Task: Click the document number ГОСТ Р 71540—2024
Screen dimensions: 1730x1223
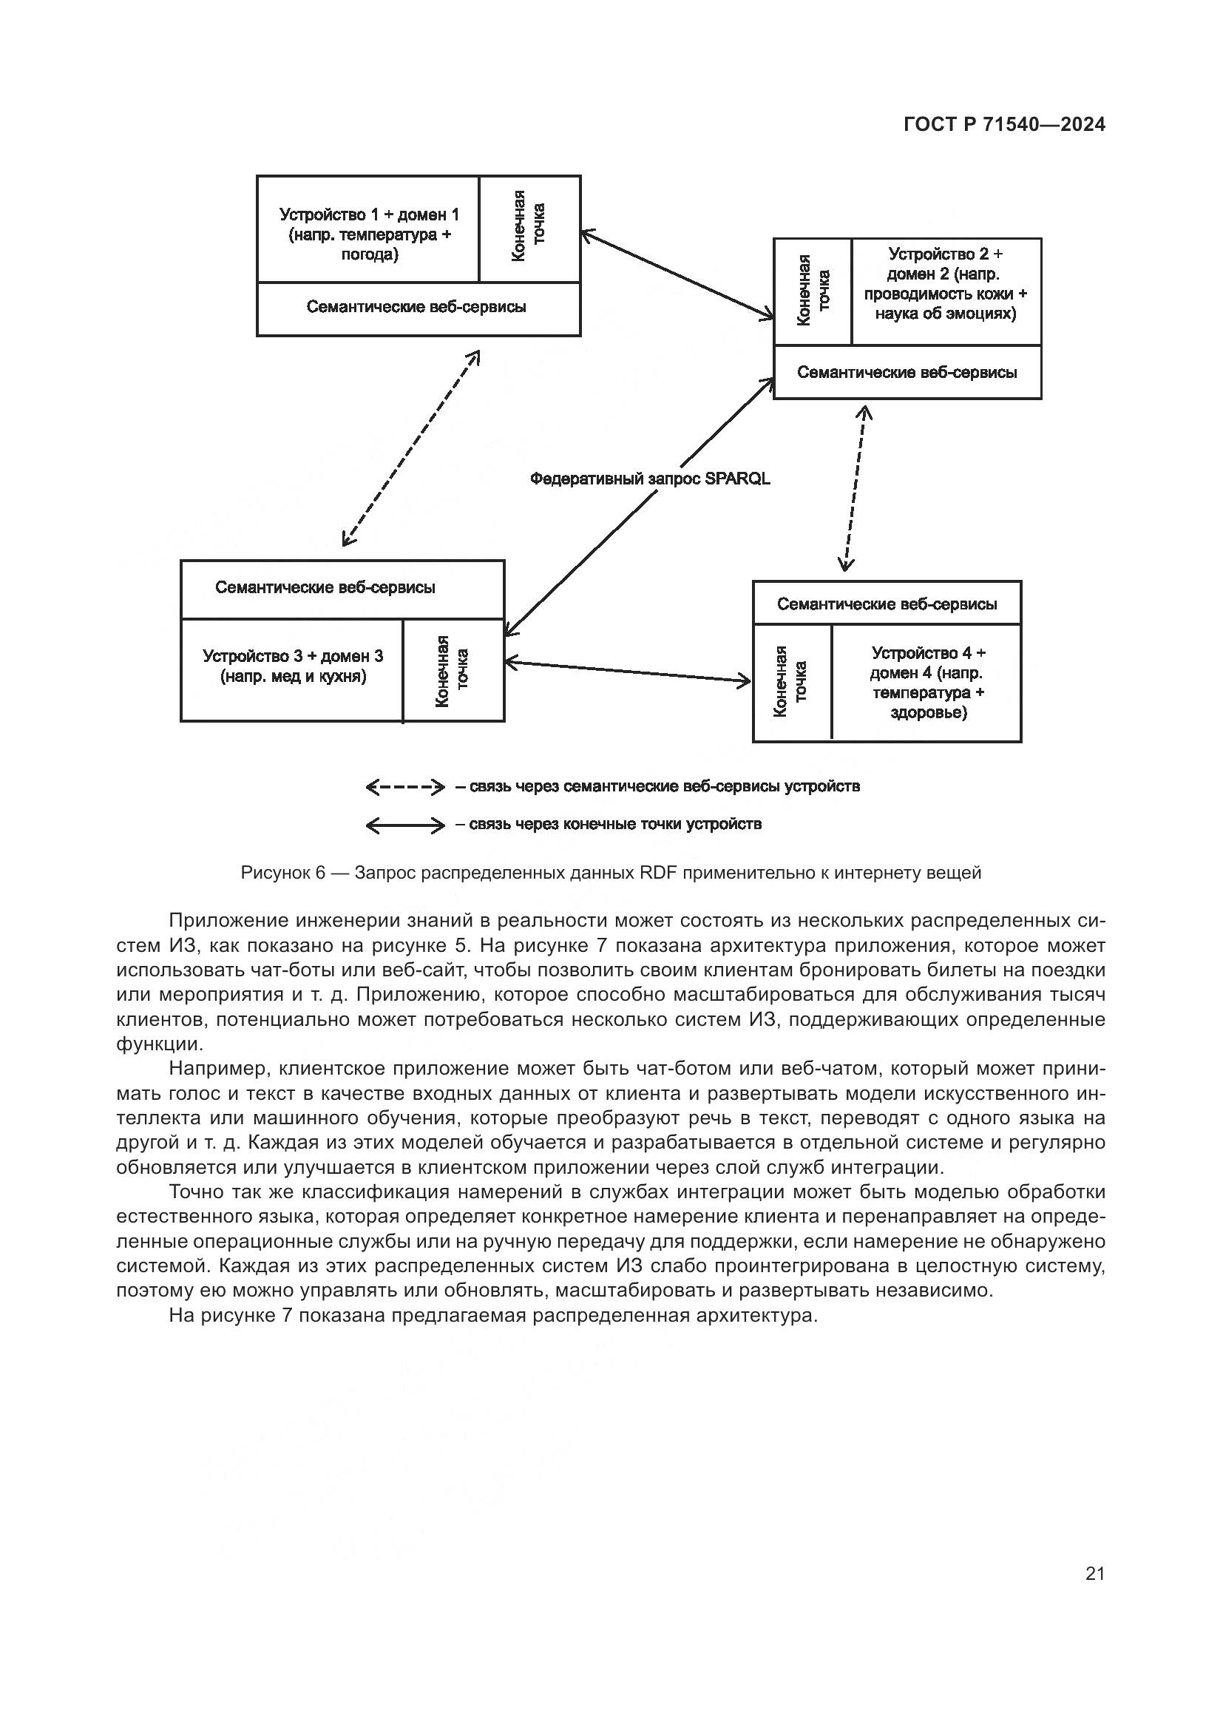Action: tap(1004, 125)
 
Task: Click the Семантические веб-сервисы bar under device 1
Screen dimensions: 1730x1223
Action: tap(418, 308)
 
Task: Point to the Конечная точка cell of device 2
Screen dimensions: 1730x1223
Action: tap(813, 291)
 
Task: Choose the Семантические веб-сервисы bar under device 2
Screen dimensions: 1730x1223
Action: tap(907, 372)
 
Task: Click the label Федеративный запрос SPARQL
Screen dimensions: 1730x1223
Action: tap(650, 479)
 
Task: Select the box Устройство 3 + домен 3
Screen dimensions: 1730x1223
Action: tap(293, 666)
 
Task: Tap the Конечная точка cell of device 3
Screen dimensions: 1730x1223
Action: tap(453, 671)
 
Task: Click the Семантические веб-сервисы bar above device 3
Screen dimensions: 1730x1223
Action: tap(325, 588)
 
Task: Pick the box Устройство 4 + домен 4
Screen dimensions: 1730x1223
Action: tap(927, 682)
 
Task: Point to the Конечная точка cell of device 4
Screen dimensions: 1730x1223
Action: tap(791, 681)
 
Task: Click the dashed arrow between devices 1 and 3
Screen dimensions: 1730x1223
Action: tap(410, 448)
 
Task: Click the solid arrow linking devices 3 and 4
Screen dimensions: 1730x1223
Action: tap(628, 672)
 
